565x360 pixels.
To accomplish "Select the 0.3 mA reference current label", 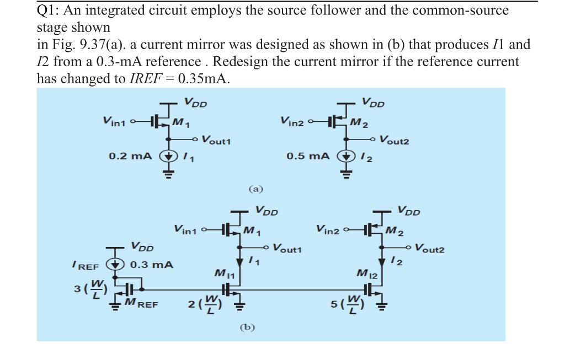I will pyautogui.click(x=151, y=265).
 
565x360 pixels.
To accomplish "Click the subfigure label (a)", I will pyautogui.click(x=255, y=189).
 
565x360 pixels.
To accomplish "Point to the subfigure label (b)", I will pyautogui.click(x=247, y=327).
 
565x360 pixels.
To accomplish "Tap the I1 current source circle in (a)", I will pyautogui.click(x=166, y=156).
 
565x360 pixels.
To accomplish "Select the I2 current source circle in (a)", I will pyautogui.click(x=346, y=156).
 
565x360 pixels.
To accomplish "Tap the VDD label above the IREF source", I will pyautogui.click(x=142, y=246).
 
